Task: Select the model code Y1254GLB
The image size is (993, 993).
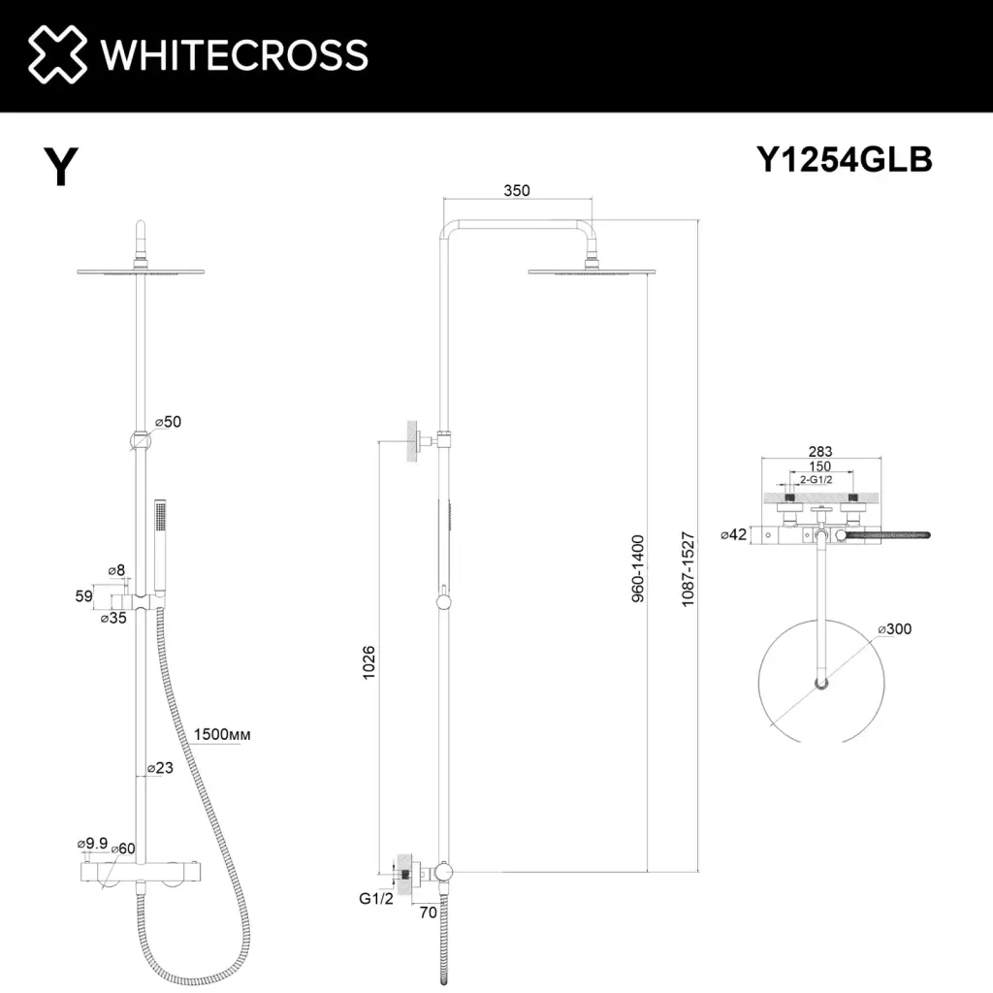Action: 844,160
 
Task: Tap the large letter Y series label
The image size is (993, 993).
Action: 61,168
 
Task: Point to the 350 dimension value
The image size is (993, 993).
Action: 516,191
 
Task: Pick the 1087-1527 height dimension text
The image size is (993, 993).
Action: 689,569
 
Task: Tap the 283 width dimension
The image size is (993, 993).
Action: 819,452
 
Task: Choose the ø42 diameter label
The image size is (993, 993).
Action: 732,534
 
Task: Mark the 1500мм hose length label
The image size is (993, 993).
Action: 222,734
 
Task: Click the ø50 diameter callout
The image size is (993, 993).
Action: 169,422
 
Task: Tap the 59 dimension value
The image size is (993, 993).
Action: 83,595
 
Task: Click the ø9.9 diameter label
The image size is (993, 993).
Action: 90,846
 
